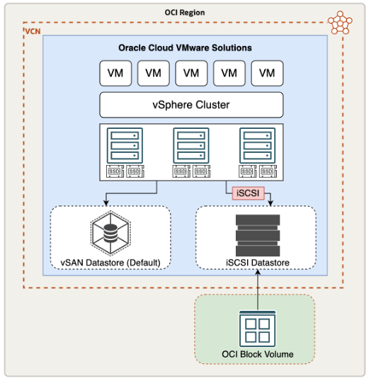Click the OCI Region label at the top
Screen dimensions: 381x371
point(185,13)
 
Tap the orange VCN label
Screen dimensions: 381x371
point(33,33)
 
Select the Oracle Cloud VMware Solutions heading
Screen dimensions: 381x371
point(185,48)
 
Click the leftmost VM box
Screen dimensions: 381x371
point(114,73)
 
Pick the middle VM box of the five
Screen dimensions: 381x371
point(190,73)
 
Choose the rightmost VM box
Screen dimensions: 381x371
point(267,73)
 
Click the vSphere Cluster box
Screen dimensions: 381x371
point(191,105)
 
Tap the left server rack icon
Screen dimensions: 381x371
point(125,145)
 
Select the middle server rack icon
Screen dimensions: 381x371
point(191,145)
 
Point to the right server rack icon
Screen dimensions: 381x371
point(257,145)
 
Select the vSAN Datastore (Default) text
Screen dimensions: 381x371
point(110,263)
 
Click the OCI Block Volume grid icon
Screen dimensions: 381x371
point(255,328)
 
